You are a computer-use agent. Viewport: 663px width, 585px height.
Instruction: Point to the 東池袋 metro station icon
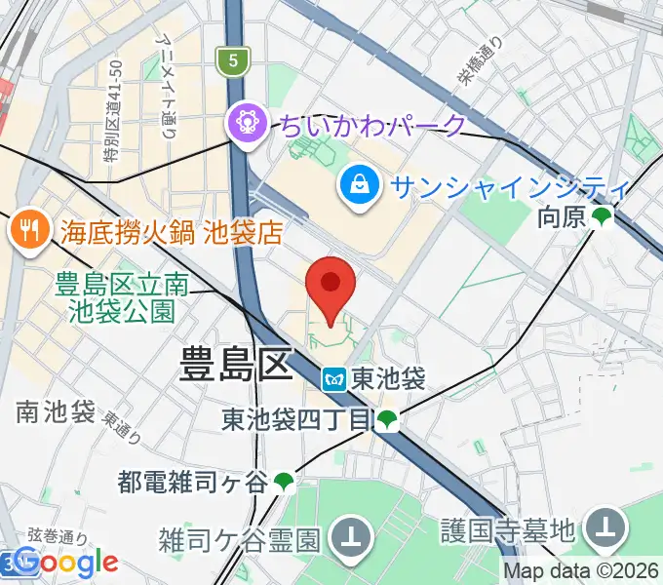[334, 379]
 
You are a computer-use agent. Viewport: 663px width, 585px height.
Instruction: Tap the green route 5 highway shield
[232, 60]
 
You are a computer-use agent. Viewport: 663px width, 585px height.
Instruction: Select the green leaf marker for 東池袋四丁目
[388, 421]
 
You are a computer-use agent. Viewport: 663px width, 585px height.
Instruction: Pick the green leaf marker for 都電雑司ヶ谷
[284, 481]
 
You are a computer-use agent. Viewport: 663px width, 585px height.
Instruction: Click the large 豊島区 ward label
[236, 368]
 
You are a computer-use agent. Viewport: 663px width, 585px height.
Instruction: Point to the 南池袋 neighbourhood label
[56, 411]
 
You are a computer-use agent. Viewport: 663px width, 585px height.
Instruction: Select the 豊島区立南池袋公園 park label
[121, 298]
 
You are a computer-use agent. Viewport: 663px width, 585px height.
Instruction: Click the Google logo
[66, 562]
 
